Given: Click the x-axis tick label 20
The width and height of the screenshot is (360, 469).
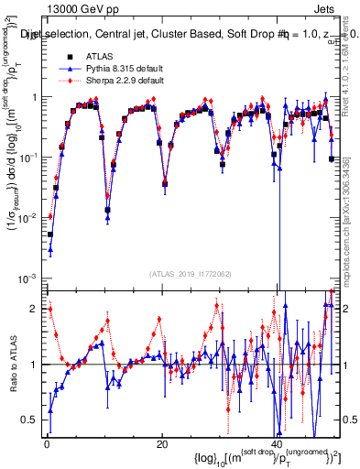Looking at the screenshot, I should (x=162, y=444).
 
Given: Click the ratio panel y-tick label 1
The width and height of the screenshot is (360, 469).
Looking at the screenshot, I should (x=34, y=365).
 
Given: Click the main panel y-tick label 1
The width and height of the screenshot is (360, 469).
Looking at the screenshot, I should (x=34, y=97).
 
